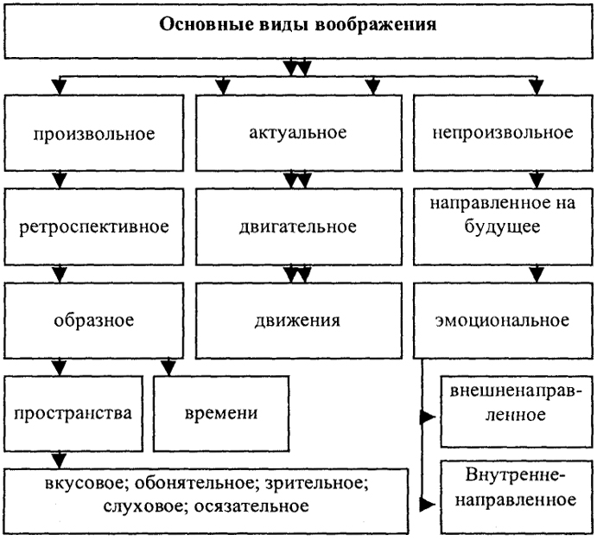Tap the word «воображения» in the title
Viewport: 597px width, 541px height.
click(x=376, y=25)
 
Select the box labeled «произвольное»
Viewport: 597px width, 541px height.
click(x=94, y=133)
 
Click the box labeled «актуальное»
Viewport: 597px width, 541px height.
click(x=299, y=132)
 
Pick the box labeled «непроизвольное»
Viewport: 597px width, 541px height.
click(x=503, y=132)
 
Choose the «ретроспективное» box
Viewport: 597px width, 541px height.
click(x=94, y=226)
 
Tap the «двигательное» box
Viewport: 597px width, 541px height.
click(x=299, y=226)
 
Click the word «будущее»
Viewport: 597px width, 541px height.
click(x=502, y=227)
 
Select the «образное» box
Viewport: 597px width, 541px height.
click(x=94, y=320)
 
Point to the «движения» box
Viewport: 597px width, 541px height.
click(x=299, y=320)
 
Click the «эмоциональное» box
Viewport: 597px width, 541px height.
click(x=503, y=320)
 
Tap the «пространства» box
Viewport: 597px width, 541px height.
click(x=73, y=413)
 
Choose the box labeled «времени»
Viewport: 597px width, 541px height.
click(x=221, y=413)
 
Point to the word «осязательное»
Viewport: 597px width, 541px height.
click(x=251, y=506)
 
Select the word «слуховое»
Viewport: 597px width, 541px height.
click(x=144, y=506)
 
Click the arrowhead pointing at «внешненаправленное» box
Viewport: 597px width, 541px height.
click(x=428, y=417)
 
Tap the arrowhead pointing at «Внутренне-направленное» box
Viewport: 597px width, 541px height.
click(x=428, y=506)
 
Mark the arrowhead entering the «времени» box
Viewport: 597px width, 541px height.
click(x=168, y=367)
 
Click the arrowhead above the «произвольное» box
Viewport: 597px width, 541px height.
click(x=59, y=86)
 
